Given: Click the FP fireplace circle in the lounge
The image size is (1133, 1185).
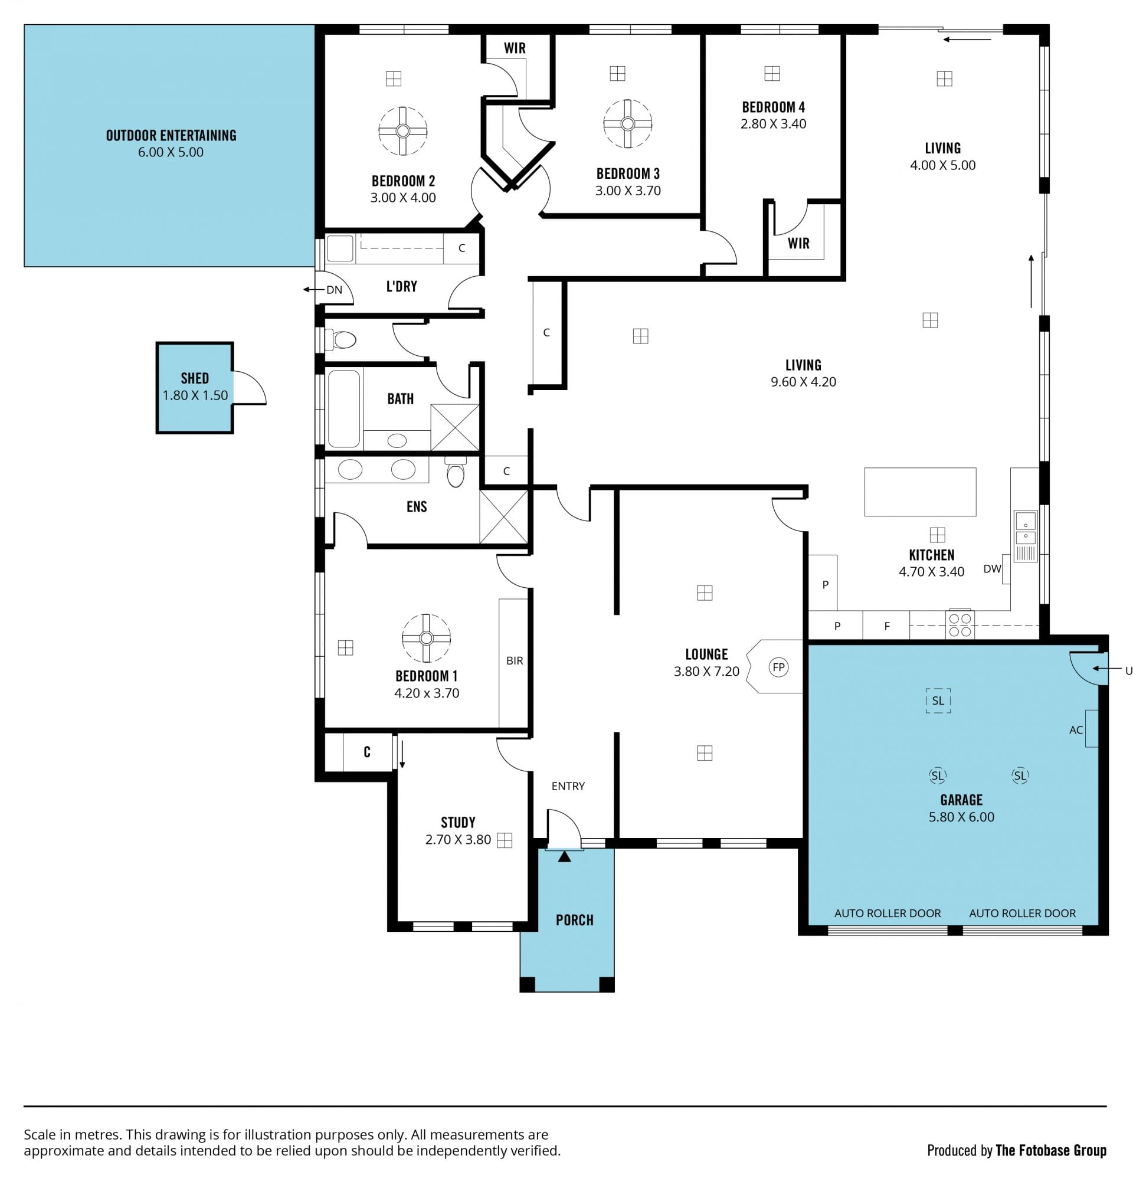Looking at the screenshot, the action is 778,667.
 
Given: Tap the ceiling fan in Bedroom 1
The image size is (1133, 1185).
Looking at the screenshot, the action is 427,638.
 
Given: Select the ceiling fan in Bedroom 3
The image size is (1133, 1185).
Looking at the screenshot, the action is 627,124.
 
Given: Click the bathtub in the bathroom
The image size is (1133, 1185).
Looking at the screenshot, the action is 343,408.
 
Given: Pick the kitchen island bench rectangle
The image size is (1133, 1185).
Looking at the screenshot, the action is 920,492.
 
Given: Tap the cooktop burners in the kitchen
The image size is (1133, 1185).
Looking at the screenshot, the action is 959,624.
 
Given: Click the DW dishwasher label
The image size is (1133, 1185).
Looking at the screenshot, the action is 993,568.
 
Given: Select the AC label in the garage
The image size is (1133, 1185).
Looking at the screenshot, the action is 1076,729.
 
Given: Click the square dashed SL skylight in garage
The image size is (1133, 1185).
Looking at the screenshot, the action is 938,700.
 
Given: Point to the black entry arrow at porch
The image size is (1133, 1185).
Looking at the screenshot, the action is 564,856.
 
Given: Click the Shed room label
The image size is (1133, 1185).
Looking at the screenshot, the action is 195,378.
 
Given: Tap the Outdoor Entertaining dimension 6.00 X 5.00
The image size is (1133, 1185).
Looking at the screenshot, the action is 171,152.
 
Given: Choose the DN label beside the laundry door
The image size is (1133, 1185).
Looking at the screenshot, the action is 334,290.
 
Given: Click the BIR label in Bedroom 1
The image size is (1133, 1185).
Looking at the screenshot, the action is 515,661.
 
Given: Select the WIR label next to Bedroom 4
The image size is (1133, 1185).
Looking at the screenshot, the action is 798,243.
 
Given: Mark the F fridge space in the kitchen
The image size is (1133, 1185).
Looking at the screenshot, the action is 886,626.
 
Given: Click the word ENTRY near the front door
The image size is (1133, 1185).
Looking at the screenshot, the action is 568,786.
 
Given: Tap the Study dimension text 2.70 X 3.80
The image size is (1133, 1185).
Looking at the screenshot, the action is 458,840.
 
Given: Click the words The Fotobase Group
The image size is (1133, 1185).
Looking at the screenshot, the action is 1051,1151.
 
